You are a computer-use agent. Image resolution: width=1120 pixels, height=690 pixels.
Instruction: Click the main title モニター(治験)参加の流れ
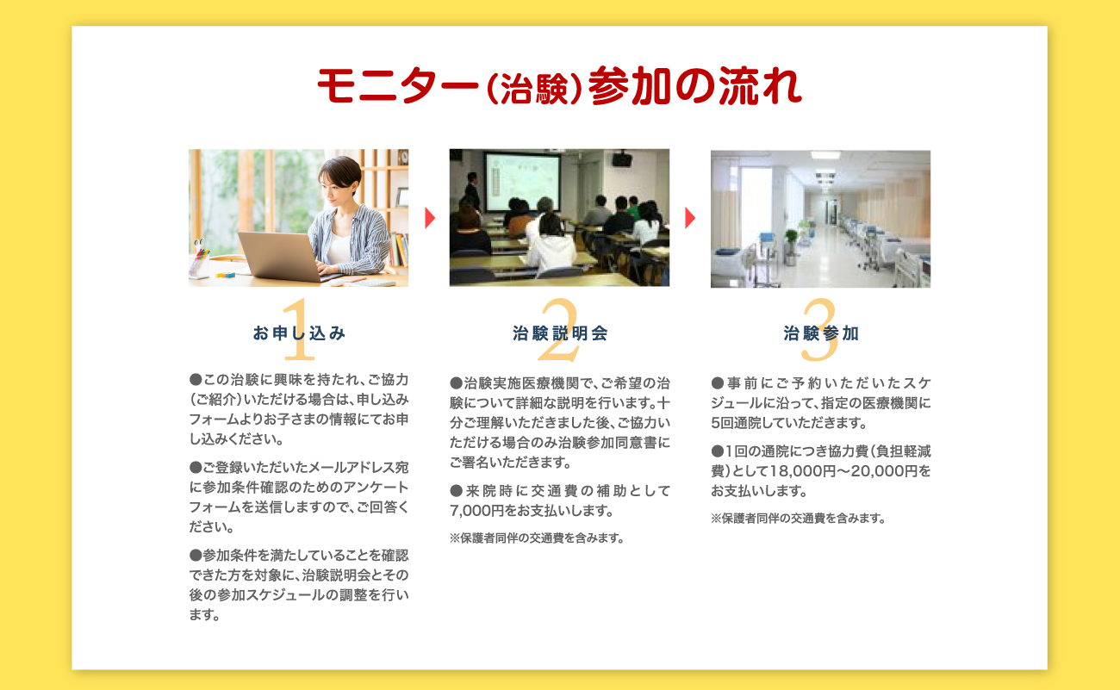[x=559, y=86]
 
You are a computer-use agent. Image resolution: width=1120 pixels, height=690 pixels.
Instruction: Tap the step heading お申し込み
[x=299, y=333]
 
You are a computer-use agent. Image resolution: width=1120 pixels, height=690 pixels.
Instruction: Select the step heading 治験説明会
[x=560, y=333]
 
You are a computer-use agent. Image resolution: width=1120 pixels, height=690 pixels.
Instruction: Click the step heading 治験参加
[x=821, y=333]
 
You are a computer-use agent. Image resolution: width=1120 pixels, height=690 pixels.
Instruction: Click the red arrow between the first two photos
[x=430, y=218]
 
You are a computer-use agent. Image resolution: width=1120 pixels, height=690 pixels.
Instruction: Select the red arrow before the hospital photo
[x=690, y=218]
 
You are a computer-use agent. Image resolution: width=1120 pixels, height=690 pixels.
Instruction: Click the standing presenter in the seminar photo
[x=472, y=191]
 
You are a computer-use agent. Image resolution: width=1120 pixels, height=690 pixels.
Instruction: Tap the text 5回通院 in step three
[x=736, y=424]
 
